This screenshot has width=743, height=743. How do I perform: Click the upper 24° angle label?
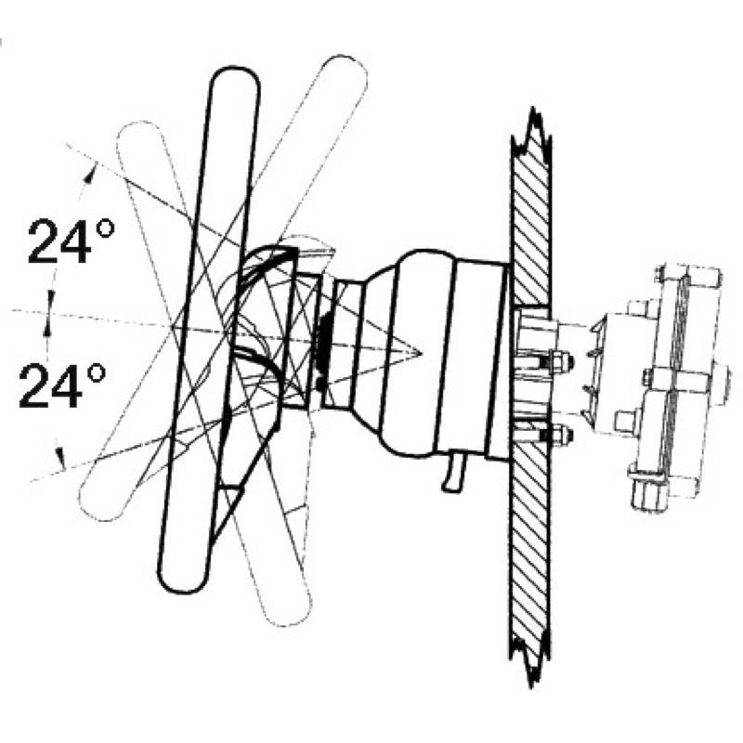[72, 241]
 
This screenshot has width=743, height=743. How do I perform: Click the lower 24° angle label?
[62, 385]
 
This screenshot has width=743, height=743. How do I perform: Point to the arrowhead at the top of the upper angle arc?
[90, 172]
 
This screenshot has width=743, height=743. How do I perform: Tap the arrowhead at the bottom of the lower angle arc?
[60, 460]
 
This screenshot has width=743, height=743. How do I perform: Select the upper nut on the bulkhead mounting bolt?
[564, 362]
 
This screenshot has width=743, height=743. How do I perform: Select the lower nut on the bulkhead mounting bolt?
[564, 435]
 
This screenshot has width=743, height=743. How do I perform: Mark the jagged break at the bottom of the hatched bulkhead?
[531, 662]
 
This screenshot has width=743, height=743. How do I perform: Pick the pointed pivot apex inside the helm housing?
[419, 353]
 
